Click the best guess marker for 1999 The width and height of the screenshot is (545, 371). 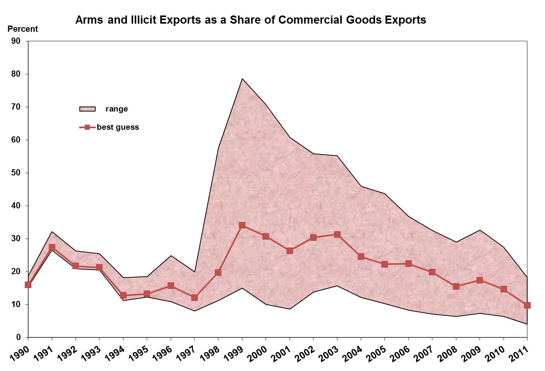(x=242, y=225)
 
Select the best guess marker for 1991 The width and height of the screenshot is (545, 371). (x=52, y=247)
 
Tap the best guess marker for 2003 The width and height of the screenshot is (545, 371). (x=337, y=234)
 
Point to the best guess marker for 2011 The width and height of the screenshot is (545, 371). (x=527, y=305)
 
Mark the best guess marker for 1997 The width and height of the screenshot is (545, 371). (x=194, y=297)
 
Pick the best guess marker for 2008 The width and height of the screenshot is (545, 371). (x=456, y=286)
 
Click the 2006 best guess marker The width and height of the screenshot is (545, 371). (x=408, y=264)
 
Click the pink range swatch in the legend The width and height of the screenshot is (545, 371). (x=87, y=109)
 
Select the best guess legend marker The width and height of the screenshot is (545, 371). (x=87, y=127)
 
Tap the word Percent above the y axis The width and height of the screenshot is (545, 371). (x=23, y=29)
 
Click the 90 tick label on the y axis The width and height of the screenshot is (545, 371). (x=16, y=41)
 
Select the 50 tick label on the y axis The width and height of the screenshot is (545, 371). (x=16, y=173)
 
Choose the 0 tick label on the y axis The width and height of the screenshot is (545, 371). (x=19, y=337)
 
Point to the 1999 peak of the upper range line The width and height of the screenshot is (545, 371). (x=242, y=79)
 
